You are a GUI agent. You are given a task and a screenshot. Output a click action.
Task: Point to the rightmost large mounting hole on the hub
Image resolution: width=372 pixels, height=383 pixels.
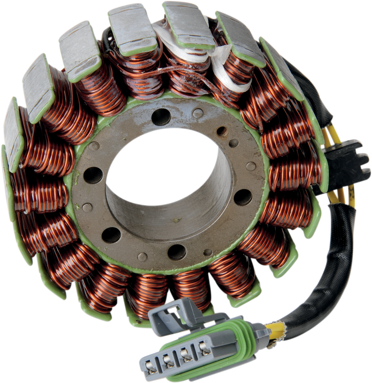(x=243, y=197)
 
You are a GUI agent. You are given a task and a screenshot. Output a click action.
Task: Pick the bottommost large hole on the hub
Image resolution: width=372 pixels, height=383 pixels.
(x=177, y=252)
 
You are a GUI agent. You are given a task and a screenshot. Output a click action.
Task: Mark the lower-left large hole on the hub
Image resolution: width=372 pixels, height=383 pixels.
(x=111, y=235)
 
